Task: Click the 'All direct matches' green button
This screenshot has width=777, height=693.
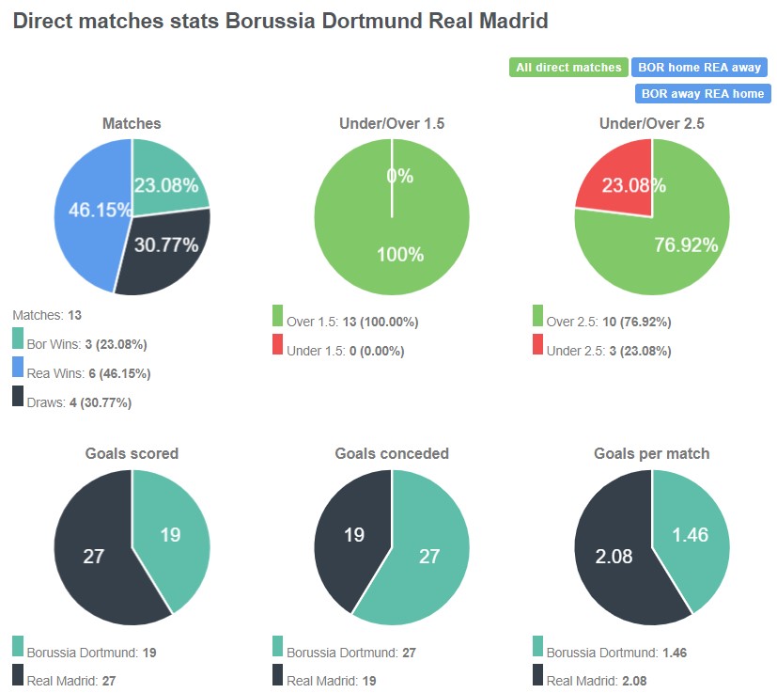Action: pos(568,67)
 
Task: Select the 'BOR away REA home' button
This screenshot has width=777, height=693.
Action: pos(702,93)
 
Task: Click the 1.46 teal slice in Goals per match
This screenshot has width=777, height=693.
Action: pos(692,536)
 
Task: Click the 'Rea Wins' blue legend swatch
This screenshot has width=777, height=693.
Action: pos(19,373)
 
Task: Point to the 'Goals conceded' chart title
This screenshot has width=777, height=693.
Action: pos(393,453)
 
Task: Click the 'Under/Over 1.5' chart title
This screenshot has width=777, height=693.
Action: pos(392,123)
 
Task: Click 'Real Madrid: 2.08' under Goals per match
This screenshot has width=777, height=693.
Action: pos(597,681)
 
